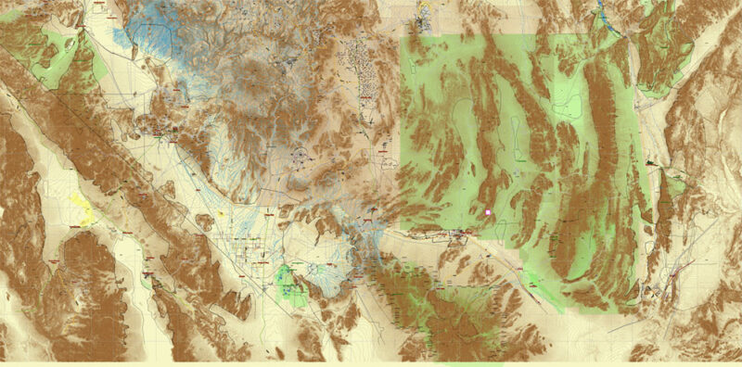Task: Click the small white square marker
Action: pos(489,212)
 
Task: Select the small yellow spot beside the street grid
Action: pos(222,214)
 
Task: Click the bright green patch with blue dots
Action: pos(293,284)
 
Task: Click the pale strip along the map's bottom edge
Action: pos(371,363)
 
